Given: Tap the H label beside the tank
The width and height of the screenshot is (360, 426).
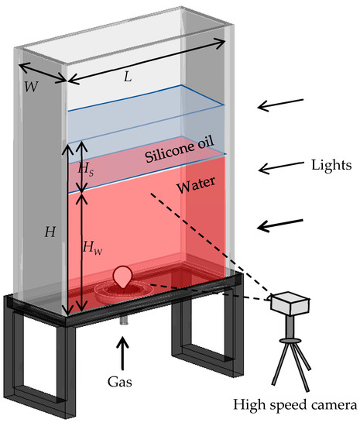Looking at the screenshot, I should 50,231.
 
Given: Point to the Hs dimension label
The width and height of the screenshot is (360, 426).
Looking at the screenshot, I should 86,168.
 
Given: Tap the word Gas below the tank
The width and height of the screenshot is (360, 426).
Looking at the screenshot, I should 120,382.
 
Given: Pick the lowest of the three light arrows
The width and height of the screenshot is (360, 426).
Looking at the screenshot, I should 282,225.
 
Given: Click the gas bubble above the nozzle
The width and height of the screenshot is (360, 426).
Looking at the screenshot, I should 122,277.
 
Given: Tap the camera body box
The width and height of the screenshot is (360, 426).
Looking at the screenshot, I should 290,303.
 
